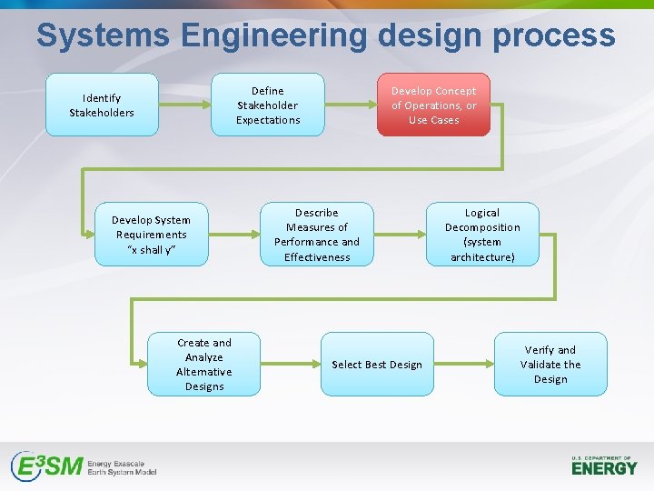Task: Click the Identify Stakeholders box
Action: [102, 105]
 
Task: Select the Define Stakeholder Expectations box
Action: [267, 105]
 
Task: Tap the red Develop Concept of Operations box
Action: [433, 105]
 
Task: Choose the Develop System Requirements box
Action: [151, 234]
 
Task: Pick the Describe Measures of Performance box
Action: [316, 234]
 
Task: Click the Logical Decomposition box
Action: [482, 234]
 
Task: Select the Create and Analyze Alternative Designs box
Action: [203, 364]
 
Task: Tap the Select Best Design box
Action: [376, 364]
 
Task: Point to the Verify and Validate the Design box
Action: [550, 364]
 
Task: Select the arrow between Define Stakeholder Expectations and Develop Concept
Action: [351, 105]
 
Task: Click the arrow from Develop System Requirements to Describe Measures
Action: [233, 234]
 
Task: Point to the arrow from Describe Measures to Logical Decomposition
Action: [400, 234]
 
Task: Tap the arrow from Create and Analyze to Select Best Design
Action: [290, 364]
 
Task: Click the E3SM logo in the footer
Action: [84, 466]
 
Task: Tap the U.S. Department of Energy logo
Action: [604, 466]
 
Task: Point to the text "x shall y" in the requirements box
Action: [151, 250]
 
